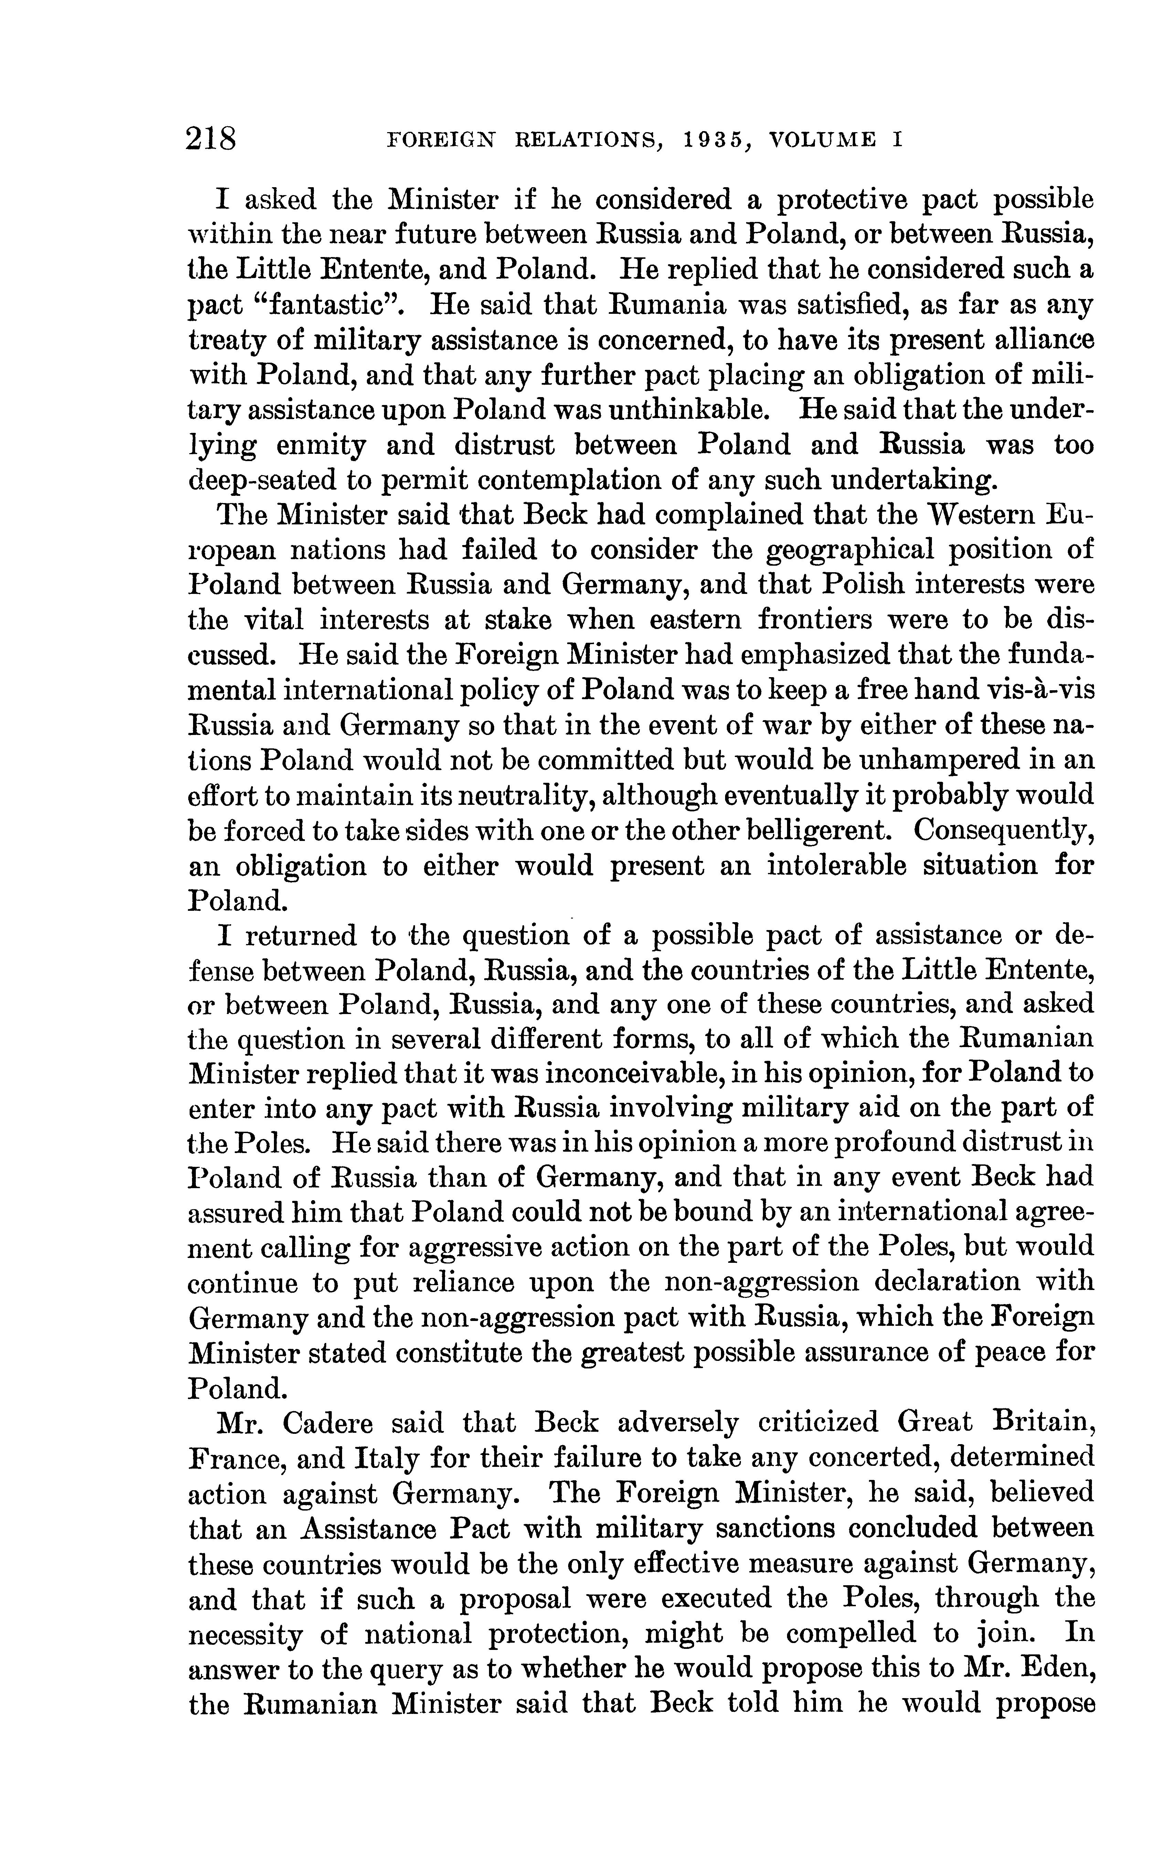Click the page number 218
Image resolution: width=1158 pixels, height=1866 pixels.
coord(211,141)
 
